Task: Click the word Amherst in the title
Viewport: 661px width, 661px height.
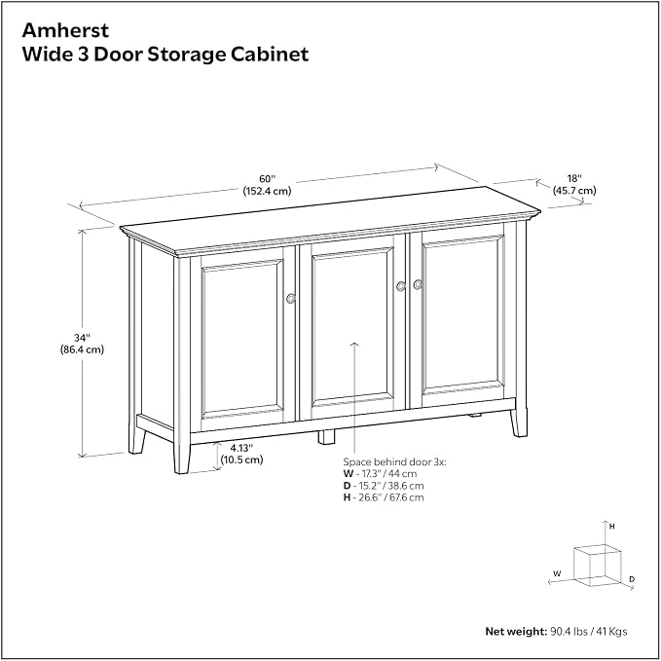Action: click(65, 30)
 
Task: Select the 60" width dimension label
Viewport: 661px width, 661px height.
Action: click(267, 185)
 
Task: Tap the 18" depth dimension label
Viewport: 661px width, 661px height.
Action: click(574, 185)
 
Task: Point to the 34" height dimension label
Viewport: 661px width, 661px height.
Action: click(82, 344)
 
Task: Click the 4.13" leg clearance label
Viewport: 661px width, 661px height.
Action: click(241, 454)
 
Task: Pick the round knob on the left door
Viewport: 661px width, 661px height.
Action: click(291, 299)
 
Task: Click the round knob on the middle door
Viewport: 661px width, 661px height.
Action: click(401, 286)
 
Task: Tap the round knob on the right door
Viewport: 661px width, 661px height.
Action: click(418, 284)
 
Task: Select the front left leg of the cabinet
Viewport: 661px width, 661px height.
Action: click(182, 458)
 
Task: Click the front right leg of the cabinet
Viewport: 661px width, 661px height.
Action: click(519, 422)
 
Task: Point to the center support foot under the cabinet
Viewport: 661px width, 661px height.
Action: click(327, 437)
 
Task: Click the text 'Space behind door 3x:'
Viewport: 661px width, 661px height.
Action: click(394, 462)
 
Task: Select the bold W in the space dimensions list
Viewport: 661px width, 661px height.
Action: click(349, 474)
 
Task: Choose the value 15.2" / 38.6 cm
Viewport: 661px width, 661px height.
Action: click(391, 486)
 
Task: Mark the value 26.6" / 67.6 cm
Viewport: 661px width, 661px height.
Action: click(391, 497)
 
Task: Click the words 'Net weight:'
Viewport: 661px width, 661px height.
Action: click(516, 632)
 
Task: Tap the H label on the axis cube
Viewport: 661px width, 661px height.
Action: click(612, 527)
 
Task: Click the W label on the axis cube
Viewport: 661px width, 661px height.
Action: click(557, 573)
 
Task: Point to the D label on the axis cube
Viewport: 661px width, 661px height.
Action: click(632, 579)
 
